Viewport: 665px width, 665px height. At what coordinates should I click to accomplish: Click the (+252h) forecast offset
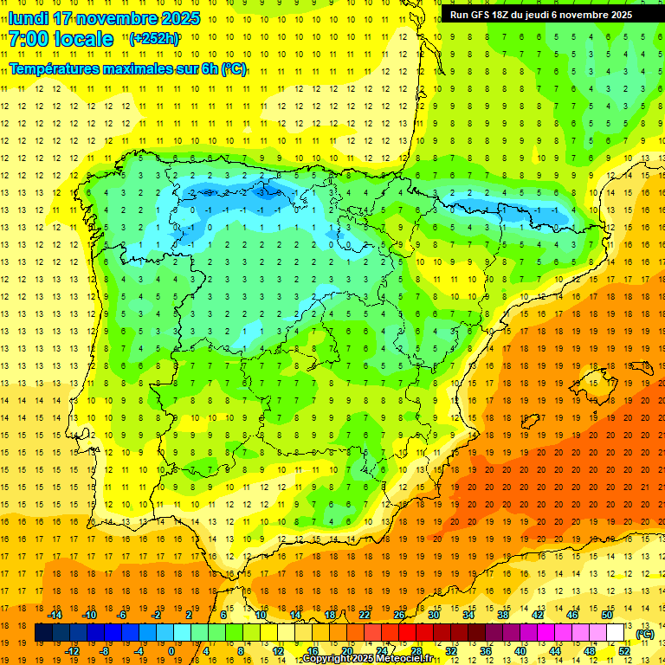[154, 39]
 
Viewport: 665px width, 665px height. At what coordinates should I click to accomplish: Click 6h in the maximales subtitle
[210, 68]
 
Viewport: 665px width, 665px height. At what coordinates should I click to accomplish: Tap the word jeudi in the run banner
[536, 15]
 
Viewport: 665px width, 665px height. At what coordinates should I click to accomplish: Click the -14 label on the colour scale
[55, 615]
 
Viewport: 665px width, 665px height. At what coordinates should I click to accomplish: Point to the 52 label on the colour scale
[624, 651]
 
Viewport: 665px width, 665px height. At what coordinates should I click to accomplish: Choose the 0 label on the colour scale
[171, 651]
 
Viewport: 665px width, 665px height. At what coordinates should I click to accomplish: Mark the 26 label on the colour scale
[399, 615]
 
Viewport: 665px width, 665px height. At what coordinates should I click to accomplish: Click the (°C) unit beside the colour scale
[644, 634]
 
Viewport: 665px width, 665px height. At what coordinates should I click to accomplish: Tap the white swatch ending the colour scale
[616, 633]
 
